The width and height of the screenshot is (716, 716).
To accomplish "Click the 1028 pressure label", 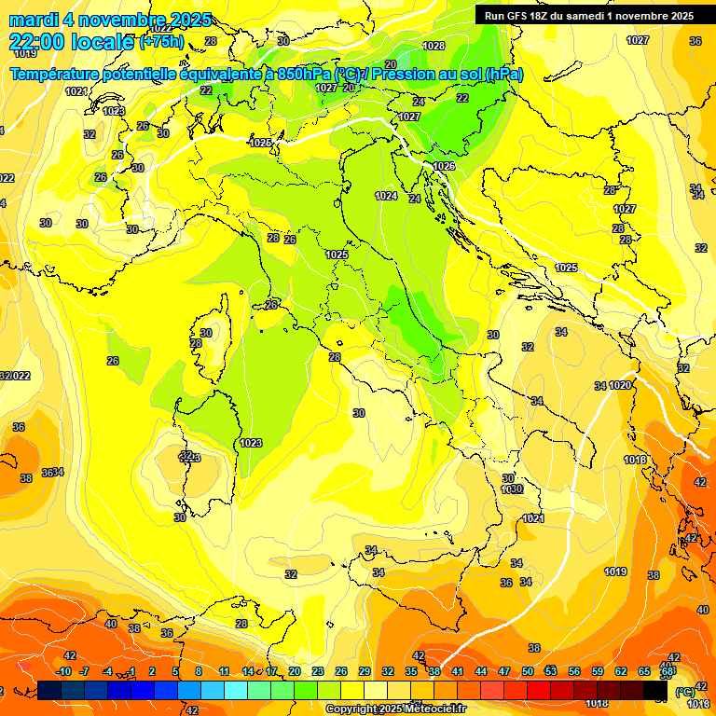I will pos(434,46).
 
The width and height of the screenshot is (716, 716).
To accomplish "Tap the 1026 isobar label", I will pos(444,166).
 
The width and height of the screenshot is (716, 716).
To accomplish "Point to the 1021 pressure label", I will pos(532,518).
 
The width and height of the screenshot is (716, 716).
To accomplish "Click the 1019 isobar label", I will pos(615,571).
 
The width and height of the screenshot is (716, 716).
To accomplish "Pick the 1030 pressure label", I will pos(511,489).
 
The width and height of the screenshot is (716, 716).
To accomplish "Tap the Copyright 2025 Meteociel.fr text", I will pos(395,709).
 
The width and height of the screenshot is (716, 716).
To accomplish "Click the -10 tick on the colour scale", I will pos(63,671).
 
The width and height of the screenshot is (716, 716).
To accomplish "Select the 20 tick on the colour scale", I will pos(294,671).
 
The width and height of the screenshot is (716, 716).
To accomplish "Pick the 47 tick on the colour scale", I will pos(504,671).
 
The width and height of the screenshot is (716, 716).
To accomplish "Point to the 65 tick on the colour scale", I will pos(644,671).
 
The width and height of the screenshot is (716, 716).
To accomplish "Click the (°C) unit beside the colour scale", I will pos(684,691).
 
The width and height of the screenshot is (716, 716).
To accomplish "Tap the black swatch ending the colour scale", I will pos(656,690).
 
